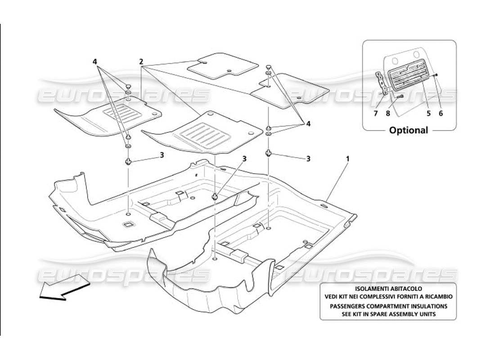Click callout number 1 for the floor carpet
(x=347, y=159)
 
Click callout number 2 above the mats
(x=141, y=61)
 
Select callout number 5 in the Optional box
(x=428, y=113)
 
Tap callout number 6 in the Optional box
(x=441, y=113)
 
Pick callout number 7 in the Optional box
(x=375, y=113)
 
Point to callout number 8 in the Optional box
(x=388, y=113)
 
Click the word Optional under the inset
(x=409, y=130)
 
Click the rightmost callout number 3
(x=308, y=158)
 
